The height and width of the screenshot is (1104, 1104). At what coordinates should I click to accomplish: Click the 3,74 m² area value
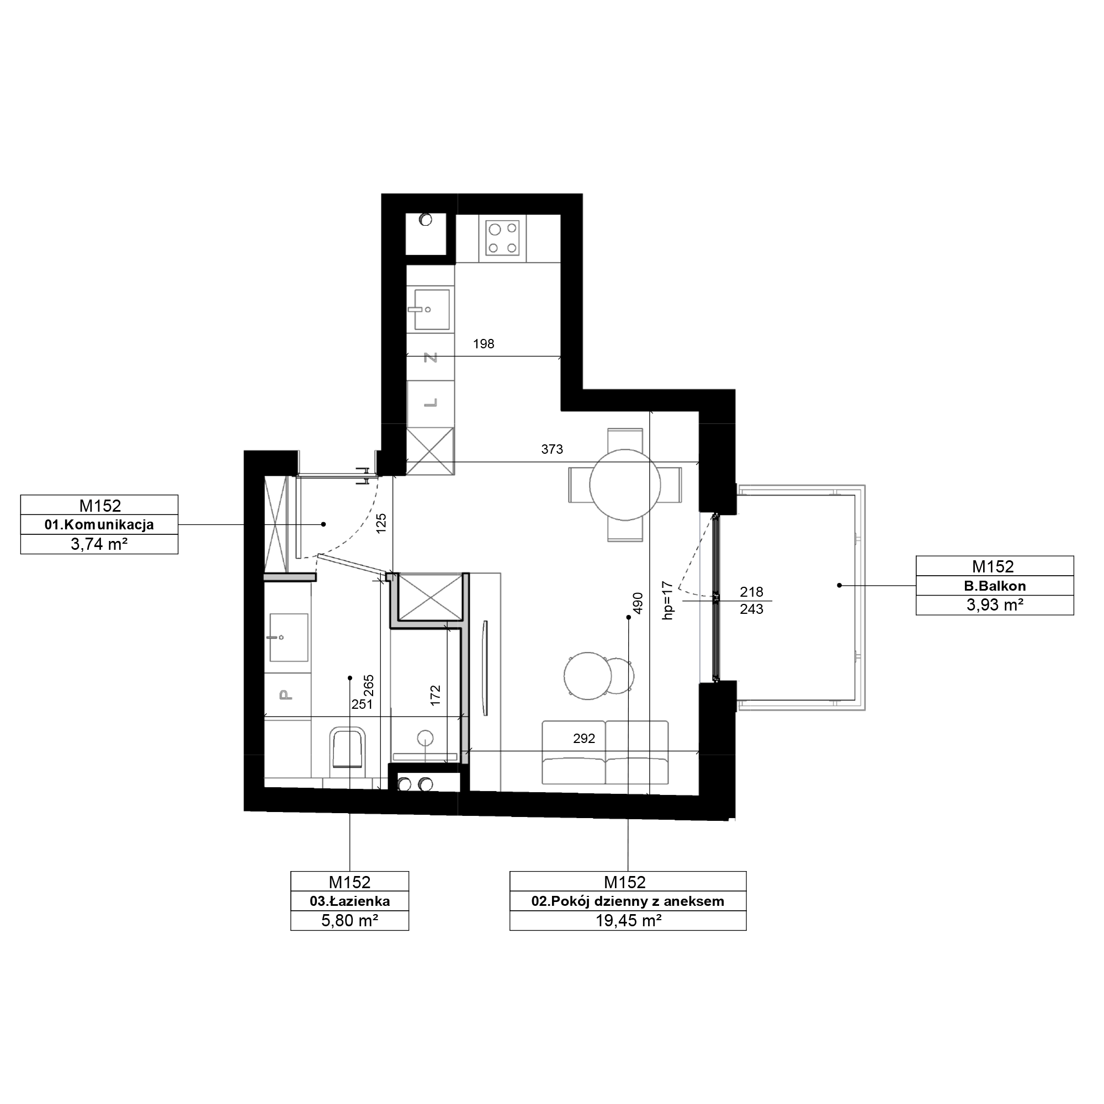pos(99,544)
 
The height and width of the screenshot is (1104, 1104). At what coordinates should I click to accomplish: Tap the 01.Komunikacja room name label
pos(99,524)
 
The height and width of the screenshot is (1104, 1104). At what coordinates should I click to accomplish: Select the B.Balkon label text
pos(995,586)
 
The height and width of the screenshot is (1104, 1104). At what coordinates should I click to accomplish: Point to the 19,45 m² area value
pos(629,921)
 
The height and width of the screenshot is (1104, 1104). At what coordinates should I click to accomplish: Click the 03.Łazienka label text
pos(350,901)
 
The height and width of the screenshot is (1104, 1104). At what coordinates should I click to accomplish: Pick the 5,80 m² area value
pos(350,921)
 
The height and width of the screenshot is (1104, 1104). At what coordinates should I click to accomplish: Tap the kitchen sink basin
pos(432,310)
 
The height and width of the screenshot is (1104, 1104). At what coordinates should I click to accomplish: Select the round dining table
pos(625,485)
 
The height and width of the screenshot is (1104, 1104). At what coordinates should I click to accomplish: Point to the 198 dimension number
pos(484,343)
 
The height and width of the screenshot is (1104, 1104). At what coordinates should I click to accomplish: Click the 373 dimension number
pos(552,449)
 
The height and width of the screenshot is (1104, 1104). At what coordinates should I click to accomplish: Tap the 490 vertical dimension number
pos(638,603)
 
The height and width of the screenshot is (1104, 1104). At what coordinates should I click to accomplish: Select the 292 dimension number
pos(584,738)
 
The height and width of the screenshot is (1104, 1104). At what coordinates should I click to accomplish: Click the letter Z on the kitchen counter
pos(431,358)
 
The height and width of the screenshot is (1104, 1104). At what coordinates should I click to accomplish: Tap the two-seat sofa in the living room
pos(605,752)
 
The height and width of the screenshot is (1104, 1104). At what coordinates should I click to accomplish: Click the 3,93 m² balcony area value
pos(995,605)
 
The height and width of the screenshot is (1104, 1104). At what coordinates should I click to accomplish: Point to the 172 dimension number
pos(436,696)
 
